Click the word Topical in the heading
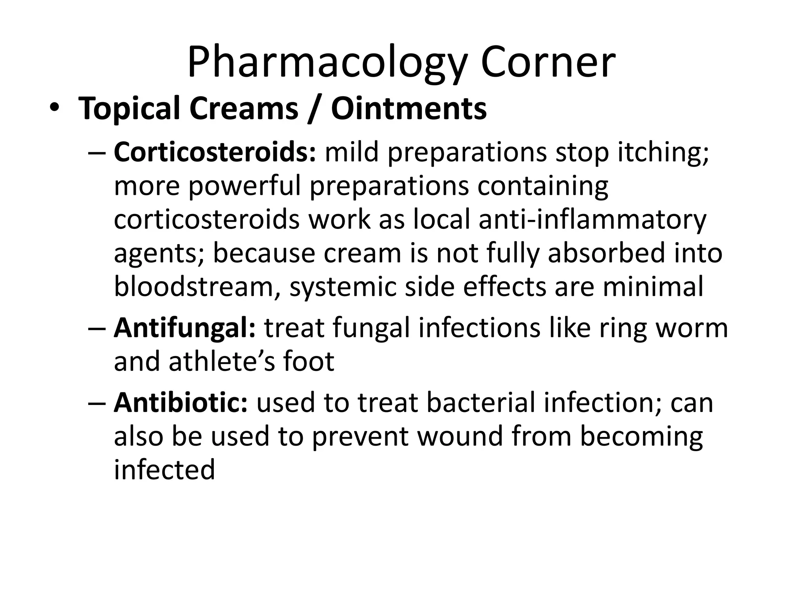pos(129,109)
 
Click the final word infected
pos(164,470)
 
